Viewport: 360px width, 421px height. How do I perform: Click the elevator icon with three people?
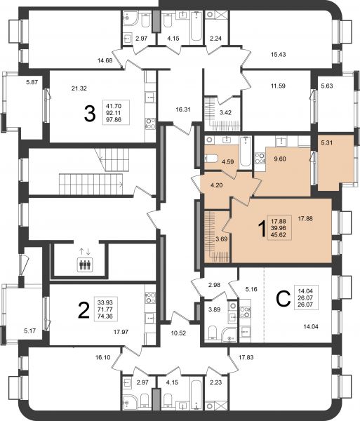86,265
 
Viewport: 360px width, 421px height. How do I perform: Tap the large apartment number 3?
90,113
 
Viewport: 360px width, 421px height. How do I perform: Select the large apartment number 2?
84,310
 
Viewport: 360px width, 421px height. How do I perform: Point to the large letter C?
284,299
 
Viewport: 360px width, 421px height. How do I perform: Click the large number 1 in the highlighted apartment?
262,229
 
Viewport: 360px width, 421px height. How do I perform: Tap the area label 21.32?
79,88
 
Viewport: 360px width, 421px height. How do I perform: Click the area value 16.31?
183,109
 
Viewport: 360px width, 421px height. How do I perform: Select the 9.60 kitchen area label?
280,159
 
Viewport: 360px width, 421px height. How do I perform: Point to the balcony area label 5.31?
327,142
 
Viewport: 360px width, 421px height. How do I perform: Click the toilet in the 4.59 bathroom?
211,158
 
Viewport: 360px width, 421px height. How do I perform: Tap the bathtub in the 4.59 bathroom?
246,152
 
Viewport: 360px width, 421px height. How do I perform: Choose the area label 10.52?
178,333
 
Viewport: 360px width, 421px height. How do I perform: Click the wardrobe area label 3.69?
222,239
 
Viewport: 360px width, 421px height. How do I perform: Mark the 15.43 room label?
278,54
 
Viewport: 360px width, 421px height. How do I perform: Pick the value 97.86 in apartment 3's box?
114,120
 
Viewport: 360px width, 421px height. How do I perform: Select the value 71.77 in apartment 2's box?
105,309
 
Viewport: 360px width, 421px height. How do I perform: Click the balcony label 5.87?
32,82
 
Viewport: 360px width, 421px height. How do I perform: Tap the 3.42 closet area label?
225,112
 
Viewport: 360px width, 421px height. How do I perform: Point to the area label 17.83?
246,357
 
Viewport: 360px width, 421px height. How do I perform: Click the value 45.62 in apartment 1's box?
279,235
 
